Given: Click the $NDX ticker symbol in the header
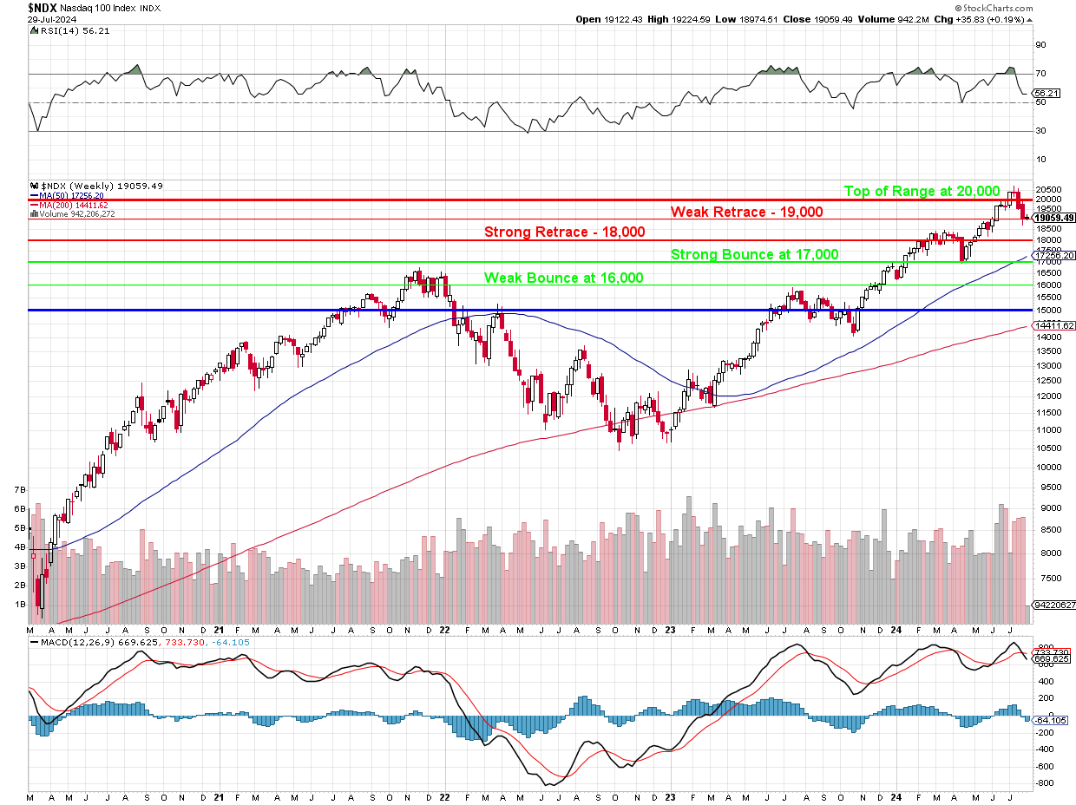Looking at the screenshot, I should point(43,7).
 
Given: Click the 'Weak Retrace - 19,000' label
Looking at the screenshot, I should point(746,212).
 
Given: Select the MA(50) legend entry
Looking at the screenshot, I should point(71,196).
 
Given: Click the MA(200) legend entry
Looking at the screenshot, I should point(73,205).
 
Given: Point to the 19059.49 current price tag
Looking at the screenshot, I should point(1053,218).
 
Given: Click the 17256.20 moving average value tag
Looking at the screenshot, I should point(1053,256).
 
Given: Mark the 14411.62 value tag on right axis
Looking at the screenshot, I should point(1053,325).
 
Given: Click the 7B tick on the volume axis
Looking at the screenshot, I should point(19,491).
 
